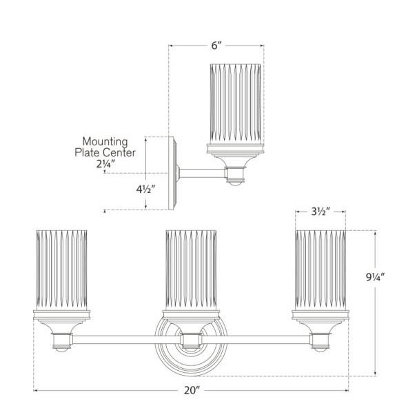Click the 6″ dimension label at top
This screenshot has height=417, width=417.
(x=216, y=46)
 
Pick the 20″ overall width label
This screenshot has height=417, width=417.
(x=192, y=391)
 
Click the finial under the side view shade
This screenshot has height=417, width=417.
(x=236, y=182)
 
